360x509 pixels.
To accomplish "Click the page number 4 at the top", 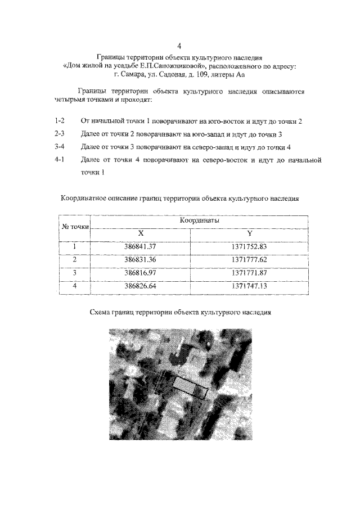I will (179, 46).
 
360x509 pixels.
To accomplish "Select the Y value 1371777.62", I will (249, 259).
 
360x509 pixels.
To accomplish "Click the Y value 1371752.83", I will (249, 246).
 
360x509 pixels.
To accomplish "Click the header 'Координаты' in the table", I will (199, 221).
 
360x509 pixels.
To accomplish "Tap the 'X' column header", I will (141, 233).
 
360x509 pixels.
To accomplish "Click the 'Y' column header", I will (249, 233).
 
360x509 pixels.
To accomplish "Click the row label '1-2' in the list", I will (60, 121).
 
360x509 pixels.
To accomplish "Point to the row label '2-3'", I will (60, 134).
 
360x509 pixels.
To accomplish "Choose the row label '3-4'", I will (60, 147).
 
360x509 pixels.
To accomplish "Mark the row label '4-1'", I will (60, 160).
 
